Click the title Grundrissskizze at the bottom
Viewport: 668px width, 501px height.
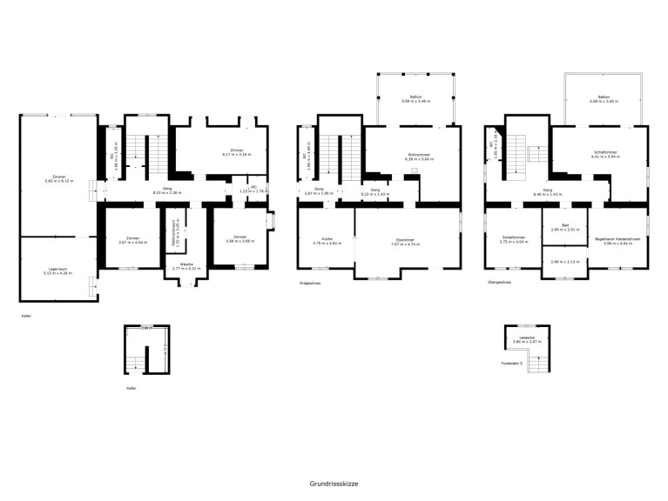tap(334, 483)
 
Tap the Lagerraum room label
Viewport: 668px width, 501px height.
tap(57, 270)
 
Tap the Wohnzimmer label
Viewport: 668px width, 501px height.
tap(420, 155)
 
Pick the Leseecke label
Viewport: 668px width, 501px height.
tap(526, 337)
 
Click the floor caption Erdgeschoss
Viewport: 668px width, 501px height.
tap(311, 282)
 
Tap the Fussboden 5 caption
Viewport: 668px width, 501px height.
tap(511, 364)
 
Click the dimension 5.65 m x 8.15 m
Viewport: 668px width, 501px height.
tap(59, 182)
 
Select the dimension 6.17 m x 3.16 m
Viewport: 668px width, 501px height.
tap(232, 154)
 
